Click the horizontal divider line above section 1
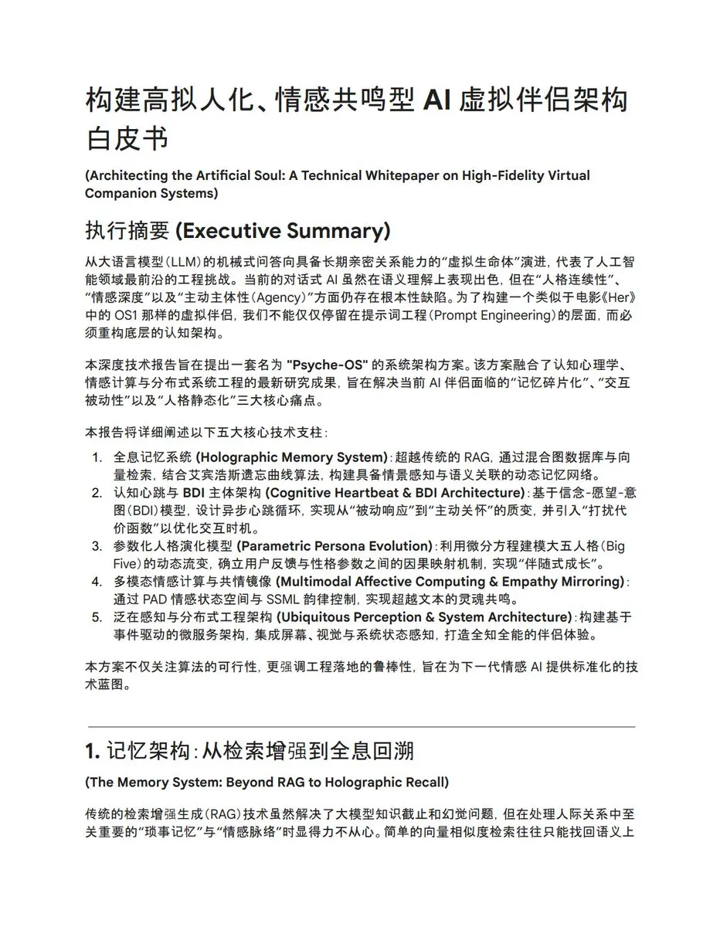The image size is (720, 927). [x=362, y=727]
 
